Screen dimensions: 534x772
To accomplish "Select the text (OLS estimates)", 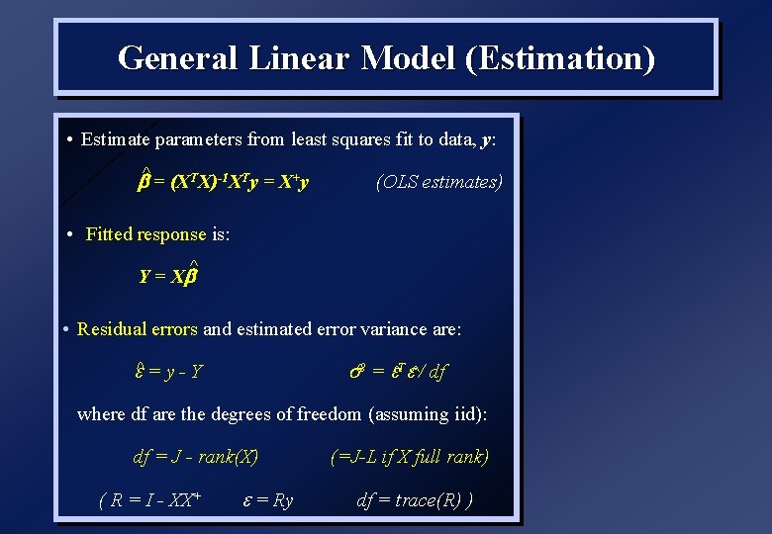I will pos(439,182).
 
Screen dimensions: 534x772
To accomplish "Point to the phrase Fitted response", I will pos(146,234).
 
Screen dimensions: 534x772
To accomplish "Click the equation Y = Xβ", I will pos(169,277).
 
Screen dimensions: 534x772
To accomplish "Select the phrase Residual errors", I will pos(138,329).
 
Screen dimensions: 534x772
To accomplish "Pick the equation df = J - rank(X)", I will pos(195,457).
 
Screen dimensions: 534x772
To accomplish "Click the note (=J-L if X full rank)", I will pos(410,457).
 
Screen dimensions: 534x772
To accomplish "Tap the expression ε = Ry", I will pos(267,500).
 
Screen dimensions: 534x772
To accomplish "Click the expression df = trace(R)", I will pos(414,500).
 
